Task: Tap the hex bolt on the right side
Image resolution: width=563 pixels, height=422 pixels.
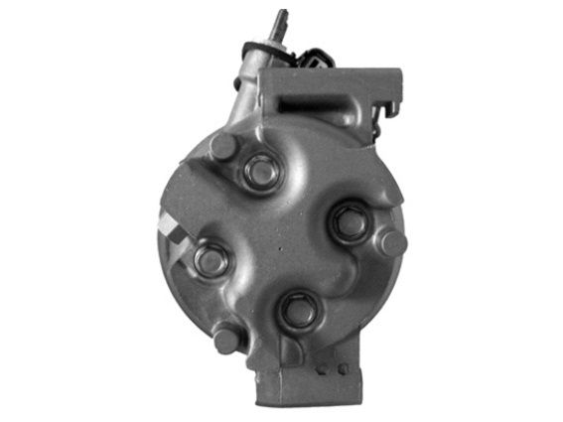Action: point(349,222)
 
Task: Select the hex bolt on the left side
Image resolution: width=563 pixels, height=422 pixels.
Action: point(211,260)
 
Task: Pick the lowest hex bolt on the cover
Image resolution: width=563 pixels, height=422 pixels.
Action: point(298,312)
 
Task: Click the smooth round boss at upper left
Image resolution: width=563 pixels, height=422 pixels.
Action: point(223,146)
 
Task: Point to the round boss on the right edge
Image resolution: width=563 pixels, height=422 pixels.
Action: point(391,243)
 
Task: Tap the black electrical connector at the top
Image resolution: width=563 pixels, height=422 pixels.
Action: point(316,57)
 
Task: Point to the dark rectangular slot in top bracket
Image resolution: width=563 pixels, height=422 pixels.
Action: point(316,99)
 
